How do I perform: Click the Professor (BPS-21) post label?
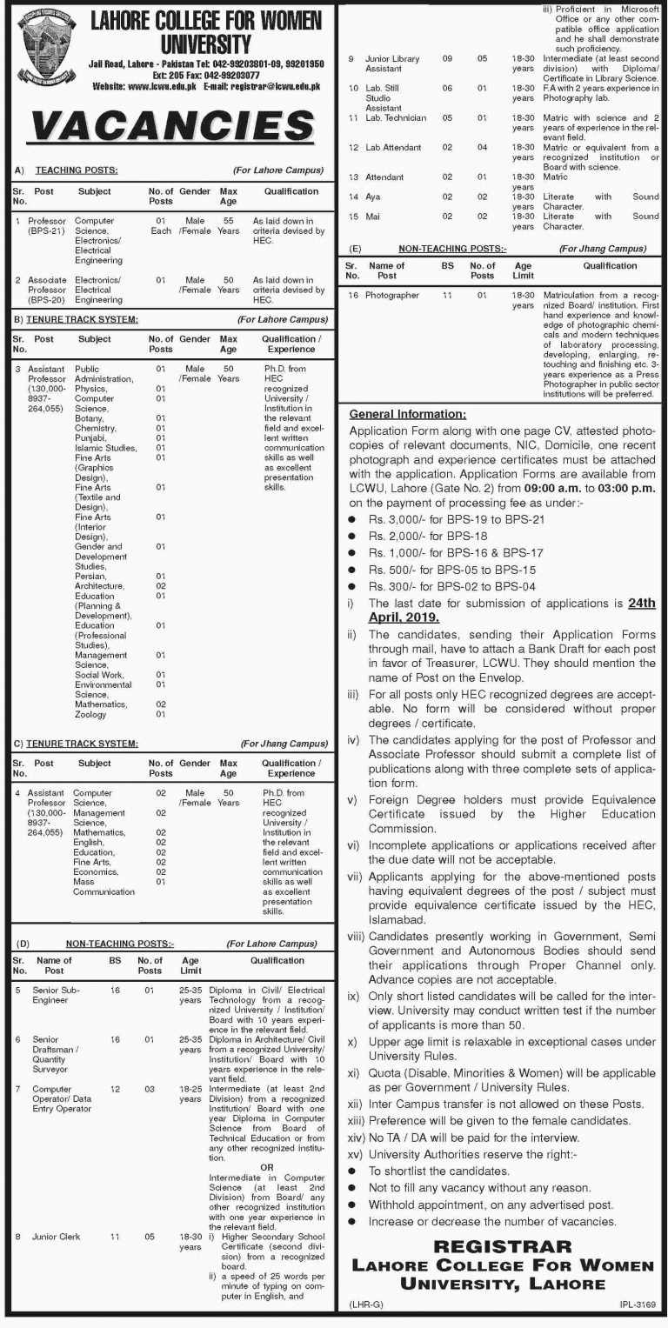point(46,227)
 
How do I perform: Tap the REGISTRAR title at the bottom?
point(504,1248)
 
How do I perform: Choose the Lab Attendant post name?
point(393,148)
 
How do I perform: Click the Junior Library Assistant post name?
point(392,64)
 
